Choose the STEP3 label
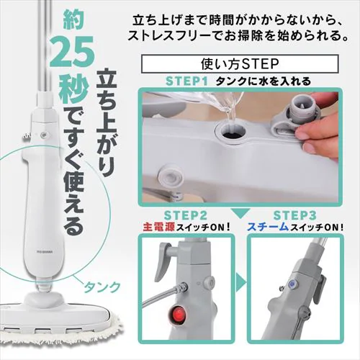pyautogui.click(x=297, y=214)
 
